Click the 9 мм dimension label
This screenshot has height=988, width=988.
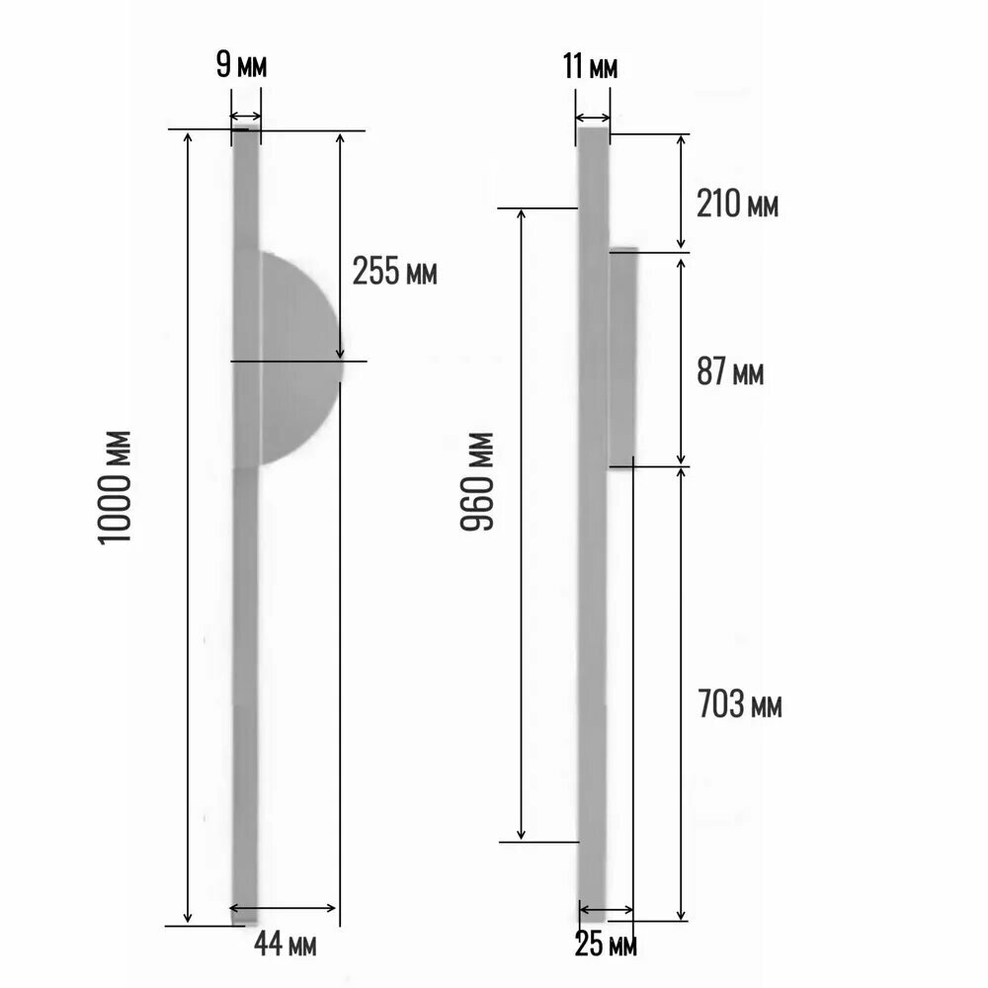(x=241, y=65)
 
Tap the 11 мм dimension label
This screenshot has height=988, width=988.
(x=591, y=67)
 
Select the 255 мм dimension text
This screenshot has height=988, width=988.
(x=394, y=271)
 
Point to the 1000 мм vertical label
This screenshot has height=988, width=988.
(x=115, y=487)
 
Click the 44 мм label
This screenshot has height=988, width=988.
(x=286, y=944)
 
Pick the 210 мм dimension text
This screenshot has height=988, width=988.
(x=737, y=205)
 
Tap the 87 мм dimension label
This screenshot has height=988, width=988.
(x=730, y=371)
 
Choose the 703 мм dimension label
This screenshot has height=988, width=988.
(x=740, y=703)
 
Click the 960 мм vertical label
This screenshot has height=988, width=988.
(x=477, y=482)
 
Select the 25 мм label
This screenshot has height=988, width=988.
(x=607, y=945)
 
